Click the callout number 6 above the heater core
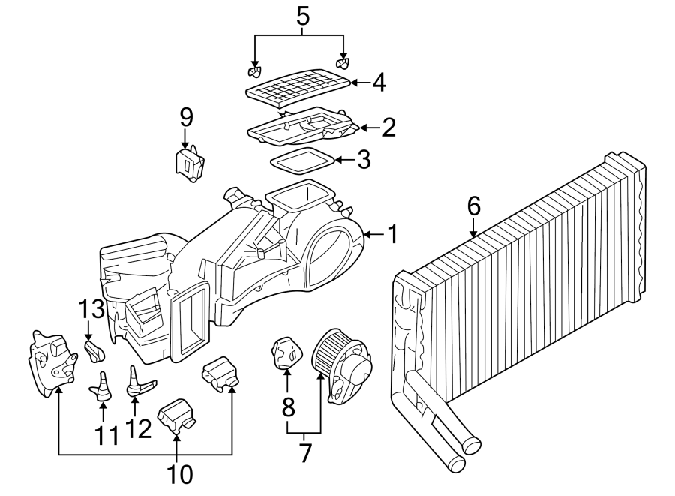coord(472,205)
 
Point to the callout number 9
coord(186,117)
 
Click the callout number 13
coord(88,308)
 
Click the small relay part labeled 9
coord(189,164)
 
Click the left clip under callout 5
coord(254,72)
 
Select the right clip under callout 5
coord(343,64)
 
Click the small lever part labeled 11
coord(102,386)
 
